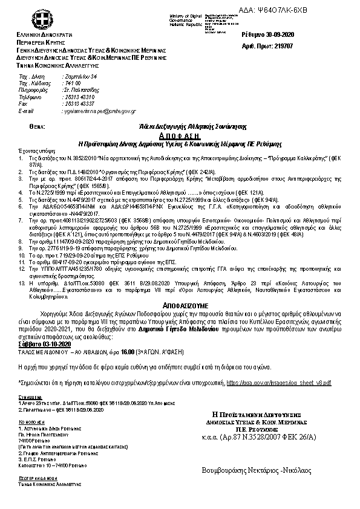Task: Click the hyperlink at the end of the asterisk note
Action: tap(278, 383)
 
